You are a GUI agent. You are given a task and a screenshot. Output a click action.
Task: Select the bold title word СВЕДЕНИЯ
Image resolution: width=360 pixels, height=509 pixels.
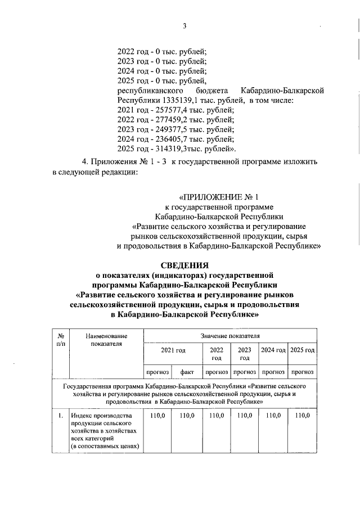click(184, 265)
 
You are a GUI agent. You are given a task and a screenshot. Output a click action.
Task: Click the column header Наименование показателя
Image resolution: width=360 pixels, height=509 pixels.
click(106, 339)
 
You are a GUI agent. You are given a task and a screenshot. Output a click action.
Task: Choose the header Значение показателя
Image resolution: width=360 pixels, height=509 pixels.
click(230, 335)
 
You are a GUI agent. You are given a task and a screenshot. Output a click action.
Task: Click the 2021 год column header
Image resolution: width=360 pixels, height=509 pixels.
click(173, 350)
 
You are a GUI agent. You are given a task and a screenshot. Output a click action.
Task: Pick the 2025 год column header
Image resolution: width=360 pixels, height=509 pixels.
click(302, 350)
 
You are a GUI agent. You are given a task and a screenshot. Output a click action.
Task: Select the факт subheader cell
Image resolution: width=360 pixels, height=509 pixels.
click(187, 372)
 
